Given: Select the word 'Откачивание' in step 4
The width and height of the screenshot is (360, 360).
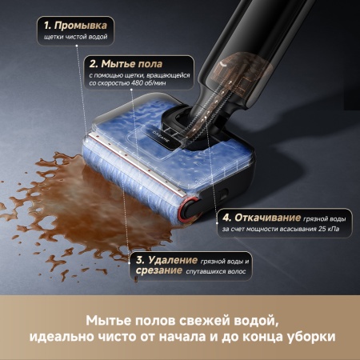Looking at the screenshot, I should point(266,218).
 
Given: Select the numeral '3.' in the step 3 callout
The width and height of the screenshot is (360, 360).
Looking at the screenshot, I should point(140,261).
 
